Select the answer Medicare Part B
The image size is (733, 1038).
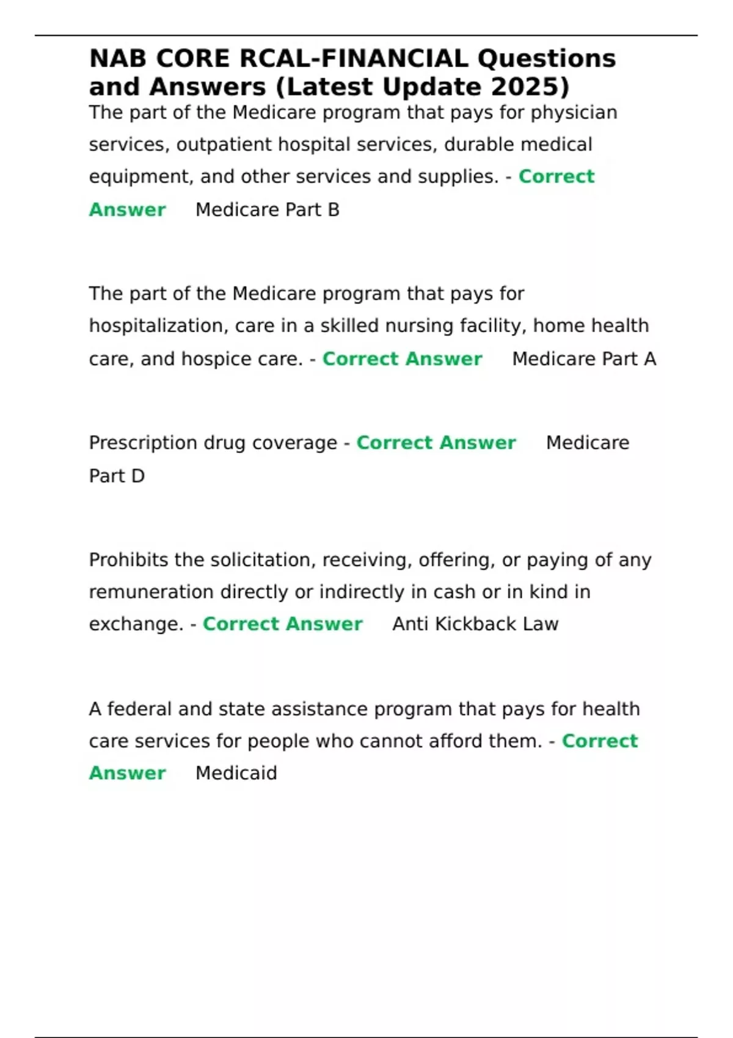coord(267,210)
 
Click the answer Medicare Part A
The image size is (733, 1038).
coord(584,359)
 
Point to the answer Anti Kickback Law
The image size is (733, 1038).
coord(475,624)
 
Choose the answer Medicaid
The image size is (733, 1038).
coord(236,773)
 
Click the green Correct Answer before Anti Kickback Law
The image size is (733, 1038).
coord(282,624)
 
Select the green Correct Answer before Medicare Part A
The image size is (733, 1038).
coord(402,359)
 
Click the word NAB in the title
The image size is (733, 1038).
coord(118,59)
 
